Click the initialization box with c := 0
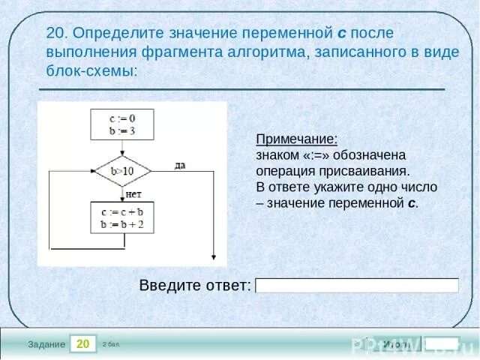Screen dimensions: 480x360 pyautogui.click(x=122, y=124)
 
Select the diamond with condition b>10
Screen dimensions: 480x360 pyautogui.click(x=122, y=170)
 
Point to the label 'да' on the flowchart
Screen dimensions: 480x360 pyautogui.click(x=180, y=165)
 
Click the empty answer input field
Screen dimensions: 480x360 pyautogui.click(x=356, y=285)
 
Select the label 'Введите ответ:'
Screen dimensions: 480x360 pyautogui.click(x=195, y=285)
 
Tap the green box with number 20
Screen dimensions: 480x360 pyautogui.click(x=83, y=343)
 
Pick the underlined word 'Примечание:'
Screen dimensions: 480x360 pyautogui.click(x=297, y=139)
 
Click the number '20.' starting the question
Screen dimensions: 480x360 pyautogui.click(x=57, y=34)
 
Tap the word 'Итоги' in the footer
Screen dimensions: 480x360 pyautogui.click(x=395, y=343)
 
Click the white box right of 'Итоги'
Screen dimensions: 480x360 pyautogui.click(x=442, y=343)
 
